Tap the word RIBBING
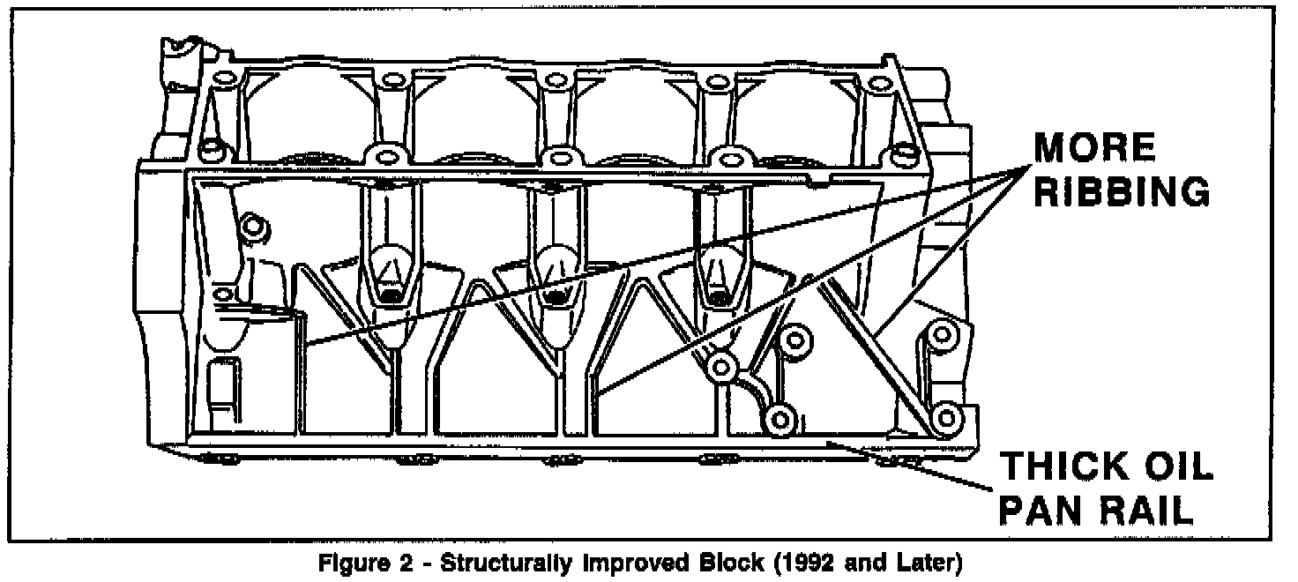[x=1121, y=192]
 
